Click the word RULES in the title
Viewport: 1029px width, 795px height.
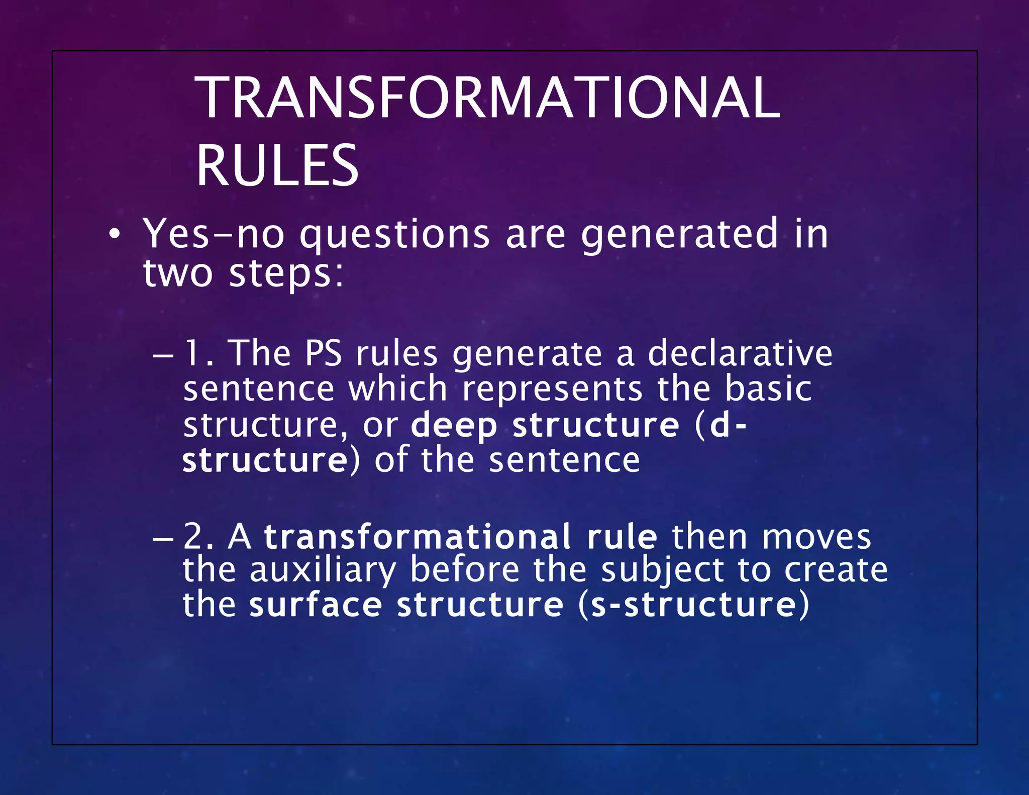pos(277,166)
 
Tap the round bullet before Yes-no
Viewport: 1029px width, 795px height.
pos(115,235)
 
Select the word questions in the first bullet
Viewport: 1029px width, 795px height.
pos(394,235)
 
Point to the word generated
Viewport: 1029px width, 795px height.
pos(679,235)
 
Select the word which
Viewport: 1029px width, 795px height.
pos(398,389)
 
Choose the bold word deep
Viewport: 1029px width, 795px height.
pos(454,425)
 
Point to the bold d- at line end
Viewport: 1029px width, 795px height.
pos(729,425)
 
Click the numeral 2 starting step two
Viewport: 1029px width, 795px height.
pos(193,537)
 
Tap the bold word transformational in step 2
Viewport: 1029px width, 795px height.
pos(418,537)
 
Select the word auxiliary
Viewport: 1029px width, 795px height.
pos(323,571)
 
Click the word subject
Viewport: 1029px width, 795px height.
pos(662,571)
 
